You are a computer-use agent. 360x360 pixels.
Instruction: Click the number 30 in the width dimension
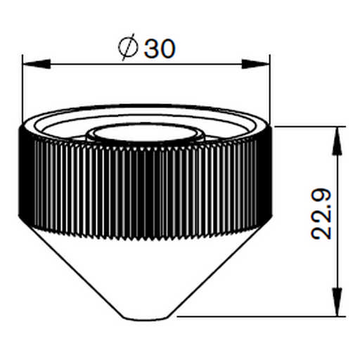pyautogui.click(x=159, y=49)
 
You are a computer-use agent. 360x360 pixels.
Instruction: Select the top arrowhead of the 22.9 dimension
pyautogui.click(x=338, y=136)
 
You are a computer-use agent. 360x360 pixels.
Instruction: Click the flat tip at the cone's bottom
pyautogui.click(x=147, y=315)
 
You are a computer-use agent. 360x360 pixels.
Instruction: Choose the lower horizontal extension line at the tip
pyautogui.click(x=260, y=316)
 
